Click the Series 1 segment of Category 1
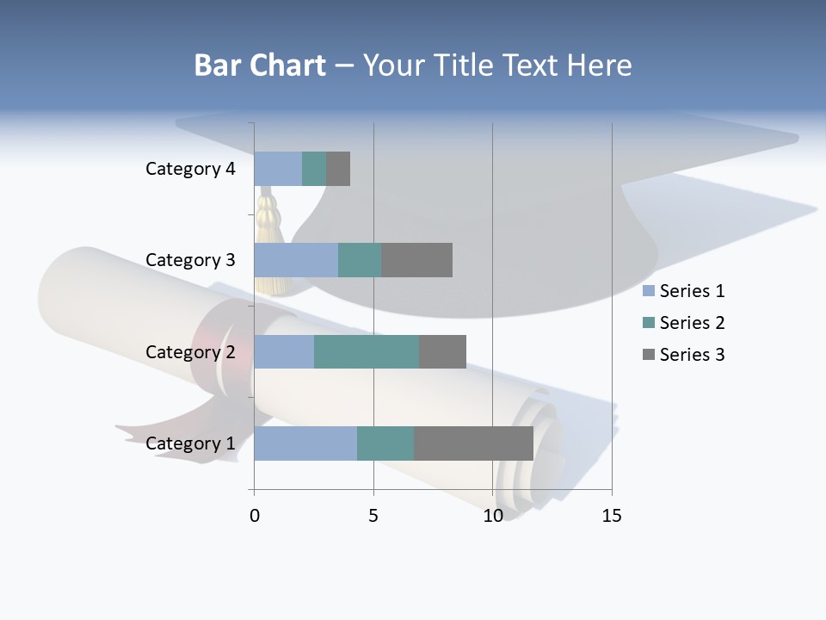[x=305, y=443]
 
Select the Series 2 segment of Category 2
[x=367, y=352]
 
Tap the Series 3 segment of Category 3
[x=416, y=260]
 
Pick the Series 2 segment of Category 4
[x=314, y=169]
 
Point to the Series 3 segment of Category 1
[x=473, y=443]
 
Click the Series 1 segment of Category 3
[x=296, y=260]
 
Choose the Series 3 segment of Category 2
[x=442, y=352]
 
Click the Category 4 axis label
[x=190, y=169]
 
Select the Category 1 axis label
[x=190, y=443]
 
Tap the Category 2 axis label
[x=190, y=352]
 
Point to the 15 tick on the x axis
[x=611, y=516]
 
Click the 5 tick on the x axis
[x=373, y=516]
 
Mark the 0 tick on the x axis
[x=255, y=516]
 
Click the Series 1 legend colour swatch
[x=649, y=291]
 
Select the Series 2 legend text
[x=692, y=323]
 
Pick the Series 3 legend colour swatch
[x=649, y=355]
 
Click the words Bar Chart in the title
[x=260, y=65]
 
